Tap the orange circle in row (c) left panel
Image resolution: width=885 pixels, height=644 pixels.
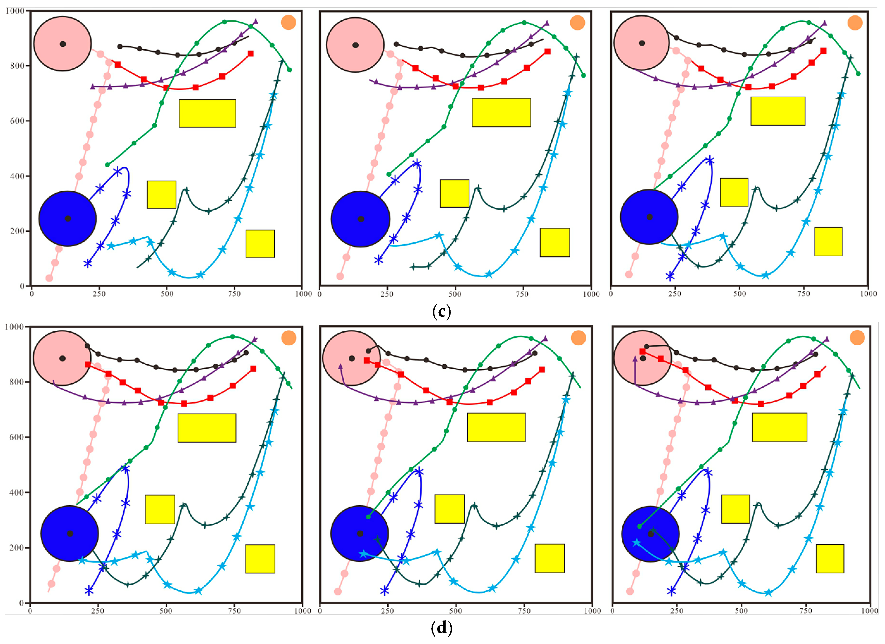click(288, 23)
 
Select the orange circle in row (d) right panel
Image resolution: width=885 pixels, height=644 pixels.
click(857, 338)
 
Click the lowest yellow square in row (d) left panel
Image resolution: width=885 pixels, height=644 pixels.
click(260, 559)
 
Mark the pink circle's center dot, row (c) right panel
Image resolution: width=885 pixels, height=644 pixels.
click(642, 43)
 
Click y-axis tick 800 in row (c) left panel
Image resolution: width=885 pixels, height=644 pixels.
click(17, 66)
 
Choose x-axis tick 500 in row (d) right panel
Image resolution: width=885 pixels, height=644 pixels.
click(741, 611)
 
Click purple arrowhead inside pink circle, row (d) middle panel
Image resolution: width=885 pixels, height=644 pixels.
click(340, 367)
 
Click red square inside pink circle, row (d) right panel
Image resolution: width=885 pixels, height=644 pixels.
click(642, 352)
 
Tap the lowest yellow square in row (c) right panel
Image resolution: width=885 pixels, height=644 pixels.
click(828, 242)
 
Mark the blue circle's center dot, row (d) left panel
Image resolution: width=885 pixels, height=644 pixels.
click(70, 533)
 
